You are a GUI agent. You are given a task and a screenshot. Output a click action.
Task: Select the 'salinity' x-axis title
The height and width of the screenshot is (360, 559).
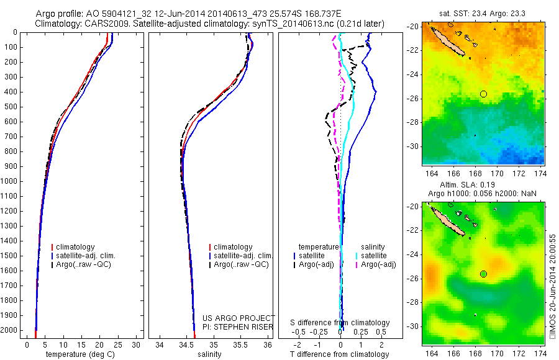pos(208,354)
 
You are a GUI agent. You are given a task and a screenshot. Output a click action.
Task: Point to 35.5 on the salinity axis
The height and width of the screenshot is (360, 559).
pos(241,345)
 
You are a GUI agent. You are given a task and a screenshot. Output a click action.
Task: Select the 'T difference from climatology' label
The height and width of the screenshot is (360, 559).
pos(340,354)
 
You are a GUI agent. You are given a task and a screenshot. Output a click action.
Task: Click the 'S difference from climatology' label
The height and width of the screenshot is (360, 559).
pos(340,323)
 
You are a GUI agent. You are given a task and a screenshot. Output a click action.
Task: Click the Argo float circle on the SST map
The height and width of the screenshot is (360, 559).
pos(483,94)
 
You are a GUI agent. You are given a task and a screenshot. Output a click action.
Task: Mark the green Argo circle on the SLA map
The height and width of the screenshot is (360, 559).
pos(483,274)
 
